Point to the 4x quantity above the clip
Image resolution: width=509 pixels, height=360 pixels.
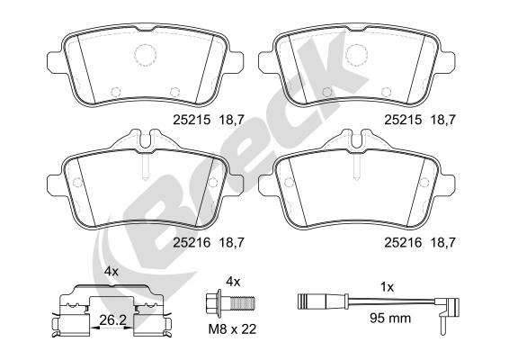click(111, 270)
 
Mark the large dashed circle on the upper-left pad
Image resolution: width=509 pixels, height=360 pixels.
click(146, 55)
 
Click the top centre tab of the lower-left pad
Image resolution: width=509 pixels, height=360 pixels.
click(144, 140)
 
